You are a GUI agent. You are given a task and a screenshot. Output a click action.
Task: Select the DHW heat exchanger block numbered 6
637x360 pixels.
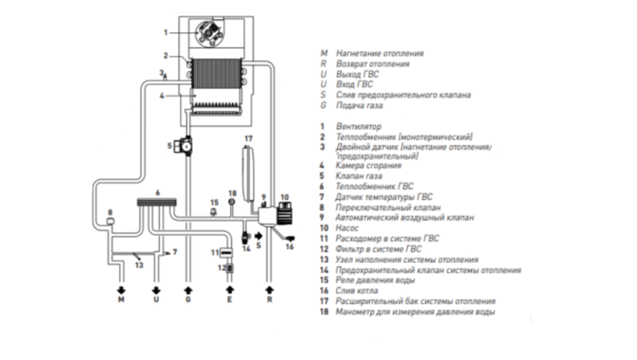[x=157, y=202]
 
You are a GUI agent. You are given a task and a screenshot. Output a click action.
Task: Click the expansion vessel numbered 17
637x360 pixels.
[x=248, y=173]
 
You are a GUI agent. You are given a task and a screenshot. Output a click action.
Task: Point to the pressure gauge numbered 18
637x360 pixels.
[x=232, y=202]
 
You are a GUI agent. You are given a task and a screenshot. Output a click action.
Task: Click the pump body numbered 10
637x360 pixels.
[x=285, y=214]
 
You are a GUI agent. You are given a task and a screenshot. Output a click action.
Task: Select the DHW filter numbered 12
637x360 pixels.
[x=229, y=268]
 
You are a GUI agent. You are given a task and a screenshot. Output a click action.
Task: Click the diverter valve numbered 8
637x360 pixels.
[x=110, y=221]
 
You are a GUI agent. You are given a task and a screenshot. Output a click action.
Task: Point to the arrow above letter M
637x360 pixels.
[x=121, y=291]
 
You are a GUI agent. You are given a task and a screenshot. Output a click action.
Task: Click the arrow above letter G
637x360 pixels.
[x=188, y=291]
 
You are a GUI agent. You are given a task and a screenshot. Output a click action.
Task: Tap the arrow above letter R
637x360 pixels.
[x=270, y=291]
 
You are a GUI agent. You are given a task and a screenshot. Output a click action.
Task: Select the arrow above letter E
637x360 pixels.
[x=229, y=291]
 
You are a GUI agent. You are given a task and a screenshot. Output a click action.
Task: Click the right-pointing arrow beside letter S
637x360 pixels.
[x=258, y=236]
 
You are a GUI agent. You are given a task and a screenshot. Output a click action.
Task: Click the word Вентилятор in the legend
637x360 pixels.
[x=358, y=127]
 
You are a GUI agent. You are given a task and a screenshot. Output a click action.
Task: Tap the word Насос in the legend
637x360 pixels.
[x=347, y=228]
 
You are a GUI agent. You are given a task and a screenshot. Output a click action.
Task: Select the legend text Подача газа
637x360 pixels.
[x=359, y=105]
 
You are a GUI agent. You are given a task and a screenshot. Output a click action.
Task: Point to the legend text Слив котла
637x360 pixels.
[x=357, y=291]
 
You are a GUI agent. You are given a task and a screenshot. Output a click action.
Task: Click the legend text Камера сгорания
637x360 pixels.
[x=368, y=166]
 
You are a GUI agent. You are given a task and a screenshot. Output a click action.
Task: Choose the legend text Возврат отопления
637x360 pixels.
[x=372, y=64]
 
